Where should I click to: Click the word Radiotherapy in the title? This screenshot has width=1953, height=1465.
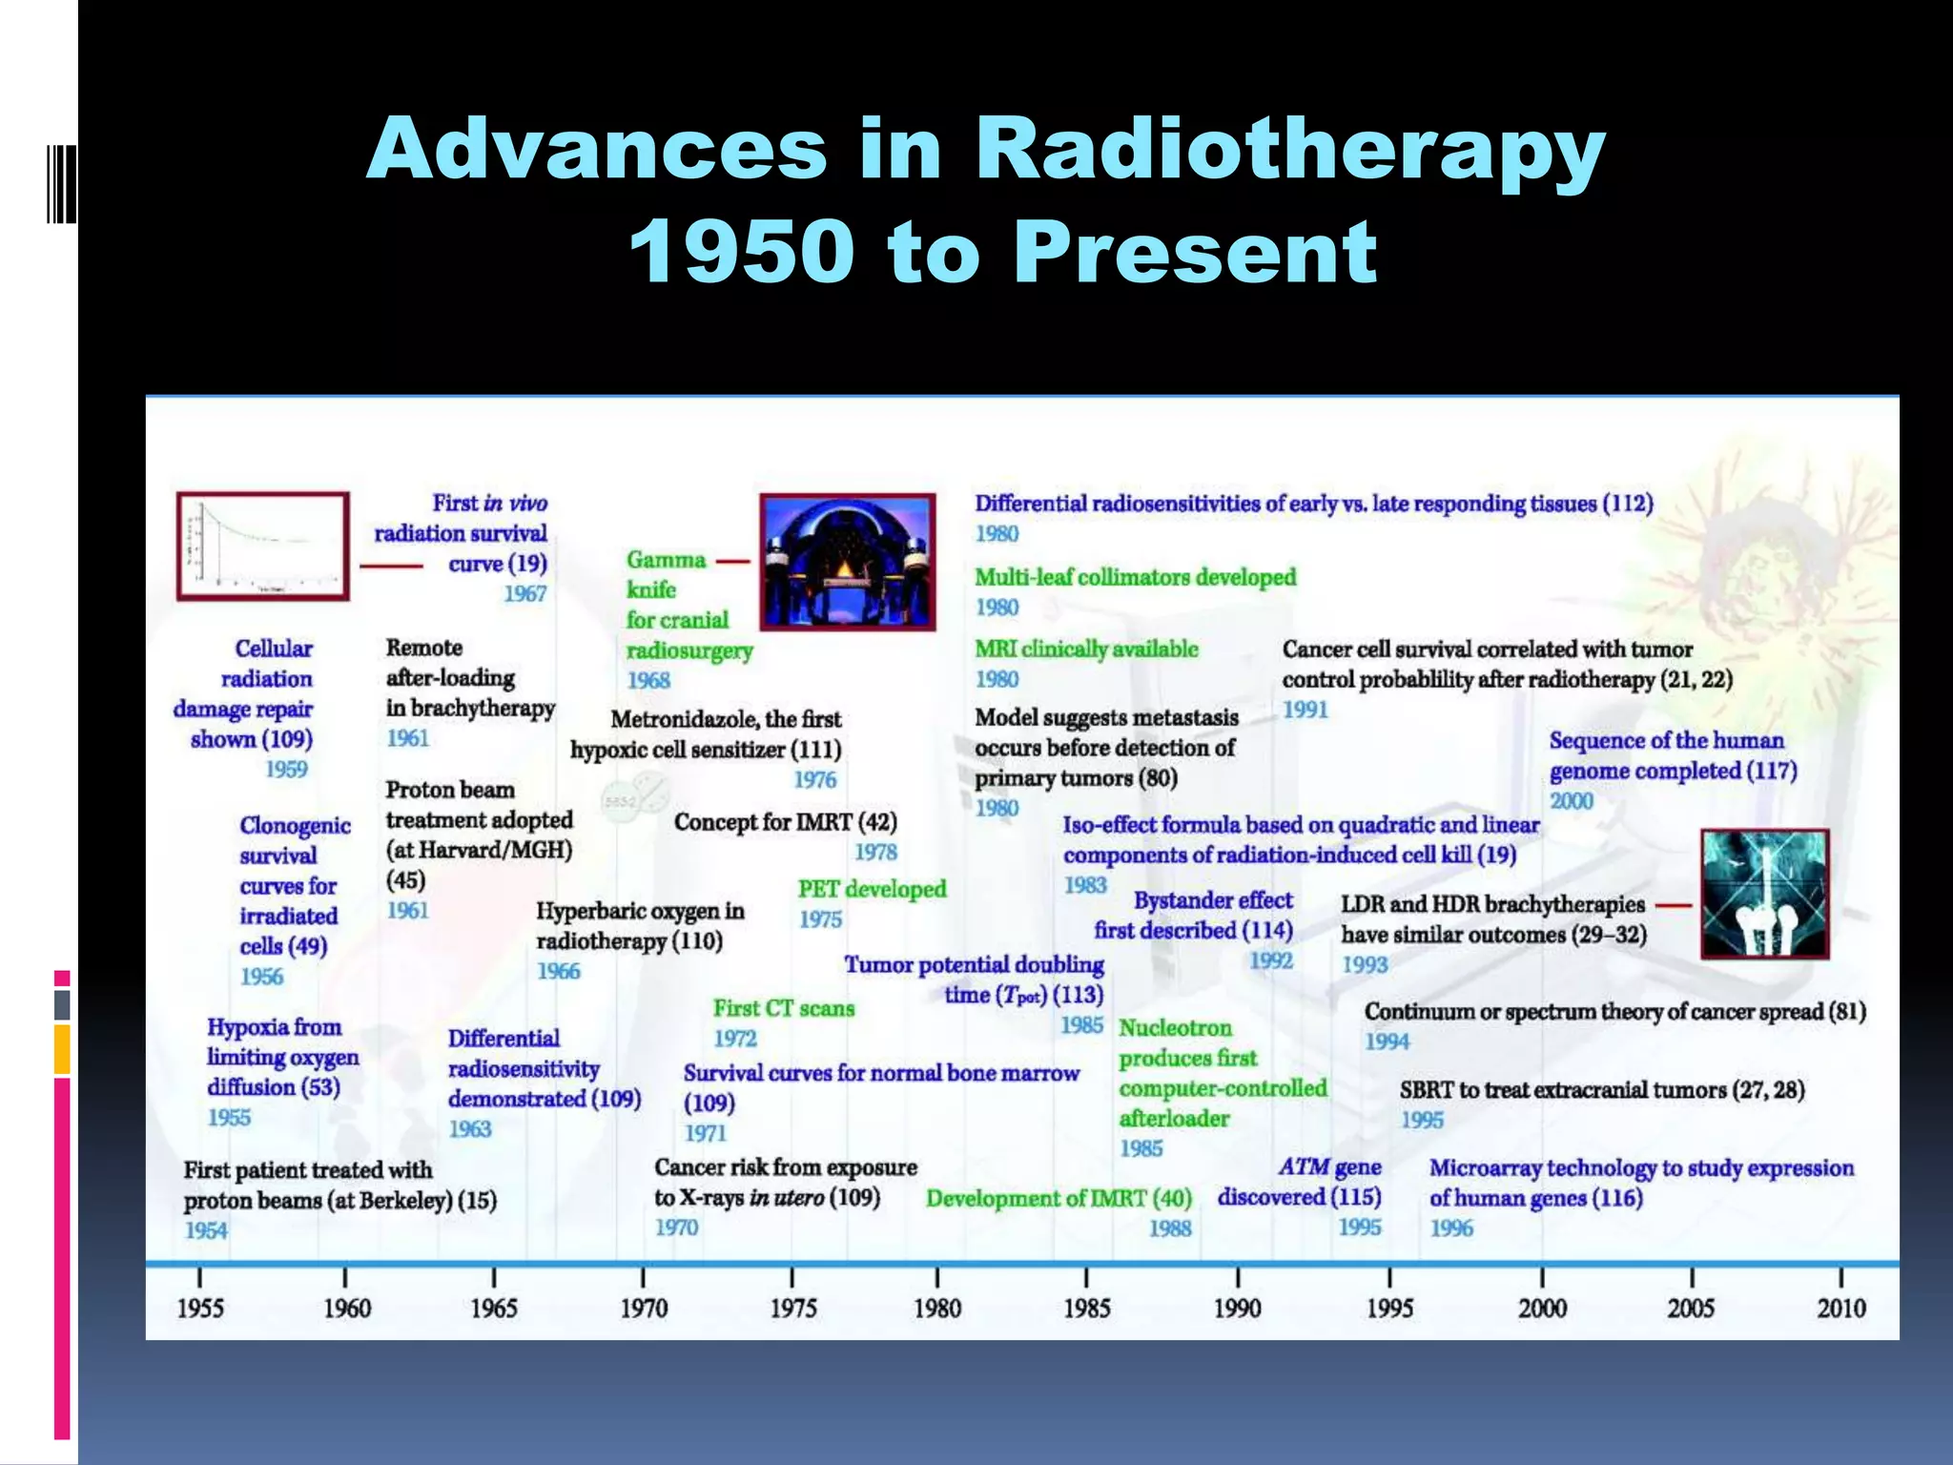click(1289, 150)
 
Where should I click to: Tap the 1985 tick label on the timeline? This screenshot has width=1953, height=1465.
click(1086, 1308)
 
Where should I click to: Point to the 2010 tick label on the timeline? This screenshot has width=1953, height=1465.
click(1840, 1308)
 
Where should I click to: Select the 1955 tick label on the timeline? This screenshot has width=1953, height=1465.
click(199, 1308)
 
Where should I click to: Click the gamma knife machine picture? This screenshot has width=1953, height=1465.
click(847, 562)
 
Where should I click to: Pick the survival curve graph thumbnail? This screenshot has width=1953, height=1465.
click(262, 547)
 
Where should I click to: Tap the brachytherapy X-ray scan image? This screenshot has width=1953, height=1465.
click(1764, 894)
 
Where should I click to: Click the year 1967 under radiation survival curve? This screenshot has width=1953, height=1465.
click(524, 594)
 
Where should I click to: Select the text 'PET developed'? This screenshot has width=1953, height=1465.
click(872, 889)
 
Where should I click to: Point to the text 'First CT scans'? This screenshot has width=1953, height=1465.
click(783, 1008)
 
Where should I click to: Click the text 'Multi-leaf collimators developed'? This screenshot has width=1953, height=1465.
click(1135, 577)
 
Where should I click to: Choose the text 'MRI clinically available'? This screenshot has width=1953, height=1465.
click(1086, 650)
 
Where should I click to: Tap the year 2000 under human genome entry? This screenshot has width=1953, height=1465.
click(1571, 801)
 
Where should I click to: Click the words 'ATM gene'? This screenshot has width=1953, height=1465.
click(1329, 1167)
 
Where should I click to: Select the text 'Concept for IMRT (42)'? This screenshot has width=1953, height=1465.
click(785, 822)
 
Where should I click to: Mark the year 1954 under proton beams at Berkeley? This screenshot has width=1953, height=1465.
click(206, 1230)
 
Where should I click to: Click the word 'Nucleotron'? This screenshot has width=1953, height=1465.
click(1175, 1028)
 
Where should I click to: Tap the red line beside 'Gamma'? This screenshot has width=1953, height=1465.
click(732, 562)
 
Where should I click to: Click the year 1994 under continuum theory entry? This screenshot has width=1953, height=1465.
click(1387, 1042)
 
